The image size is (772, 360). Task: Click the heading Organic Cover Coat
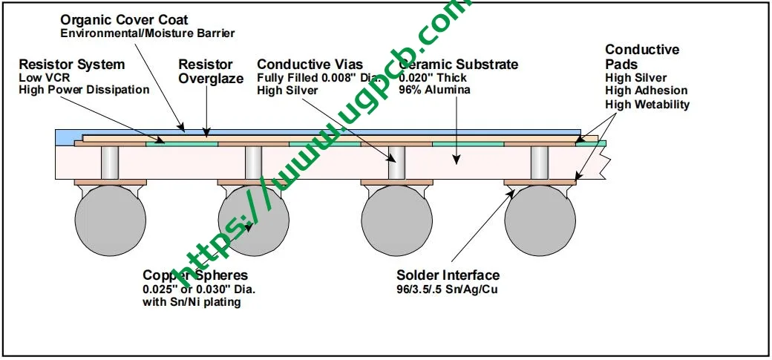[x=125, y=20]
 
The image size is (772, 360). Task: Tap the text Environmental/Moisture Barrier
[x=148, y=33]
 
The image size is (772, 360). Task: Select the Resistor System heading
[x=72, y=64]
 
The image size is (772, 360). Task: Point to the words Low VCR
[x=41, y=78]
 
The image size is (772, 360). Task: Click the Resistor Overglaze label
[x=211, y=71]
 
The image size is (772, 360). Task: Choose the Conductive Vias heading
[x=310, y=64]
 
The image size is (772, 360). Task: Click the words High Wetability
[x=647, y=105]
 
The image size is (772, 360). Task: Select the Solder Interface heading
[x=448, y=275]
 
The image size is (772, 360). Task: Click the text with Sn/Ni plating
[x=192, y=302]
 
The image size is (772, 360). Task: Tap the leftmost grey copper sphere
[x=111, y=220]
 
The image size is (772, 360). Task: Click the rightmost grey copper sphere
[x=540, y=220]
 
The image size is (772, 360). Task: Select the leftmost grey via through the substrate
[x=110, y=163]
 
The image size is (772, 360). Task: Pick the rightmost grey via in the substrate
[x=540, y=163]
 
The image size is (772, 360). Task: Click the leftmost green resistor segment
[x=182, y=144]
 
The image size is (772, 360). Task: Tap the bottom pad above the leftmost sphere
[x=111, y=182]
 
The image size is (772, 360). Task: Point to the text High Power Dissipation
[x=84, y=90]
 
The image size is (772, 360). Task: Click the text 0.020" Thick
[x=433, y=78]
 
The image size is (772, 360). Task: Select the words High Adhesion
[x=647, y=91]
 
